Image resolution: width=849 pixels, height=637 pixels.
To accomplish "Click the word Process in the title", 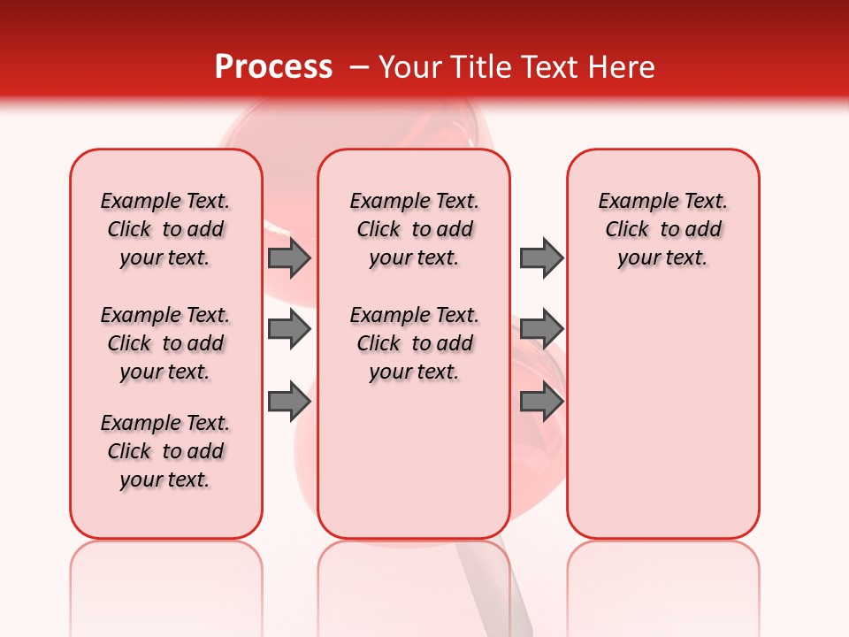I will tap(273, 66).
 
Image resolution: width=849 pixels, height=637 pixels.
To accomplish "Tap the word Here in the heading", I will tap(620, 67).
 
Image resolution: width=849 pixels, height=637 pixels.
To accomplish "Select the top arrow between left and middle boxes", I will tap(289, 257).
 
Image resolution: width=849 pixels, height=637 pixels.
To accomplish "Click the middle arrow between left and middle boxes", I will tap(289, 329).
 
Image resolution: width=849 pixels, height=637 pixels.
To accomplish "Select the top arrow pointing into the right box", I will tap(541, 257).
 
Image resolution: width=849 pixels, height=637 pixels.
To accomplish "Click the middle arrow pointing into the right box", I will tap(541, 329).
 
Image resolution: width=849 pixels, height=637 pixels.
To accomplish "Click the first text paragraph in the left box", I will tap(165, 229).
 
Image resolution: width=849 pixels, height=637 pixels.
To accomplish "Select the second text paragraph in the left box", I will tap(165, 343).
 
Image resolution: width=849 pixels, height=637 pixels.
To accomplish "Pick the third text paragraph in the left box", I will tap(165, 451).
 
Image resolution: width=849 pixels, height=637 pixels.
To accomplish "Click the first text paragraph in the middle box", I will tap(414, 229).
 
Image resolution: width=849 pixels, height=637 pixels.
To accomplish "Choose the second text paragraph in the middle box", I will tap(414, 343).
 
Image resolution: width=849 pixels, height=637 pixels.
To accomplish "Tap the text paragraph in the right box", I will tap(662, 229).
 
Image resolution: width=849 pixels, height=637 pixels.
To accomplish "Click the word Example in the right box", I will tap(631, 202).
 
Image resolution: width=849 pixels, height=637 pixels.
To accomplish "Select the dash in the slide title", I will tap(360, 67).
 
